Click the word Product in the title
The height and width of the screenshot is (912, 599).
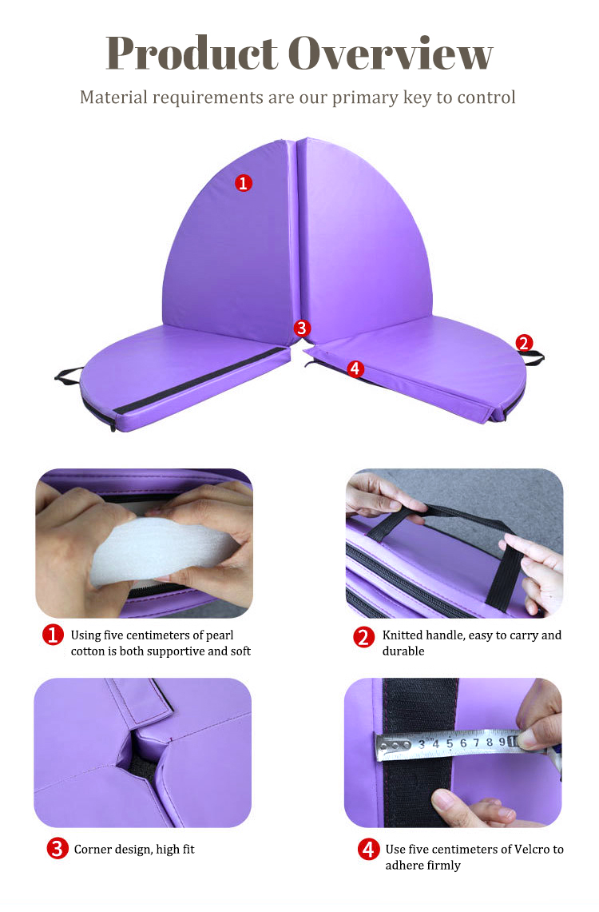coord(192,53)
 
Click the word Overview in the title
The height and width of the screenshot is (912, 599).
coord(391,53)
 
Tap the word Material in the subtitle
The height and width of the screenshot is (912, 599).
coord(114,97)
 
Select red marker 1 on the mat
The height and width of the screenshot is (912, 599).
coord(244,183)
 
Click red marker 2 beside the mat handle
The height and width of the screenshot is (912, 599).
coord(524,343)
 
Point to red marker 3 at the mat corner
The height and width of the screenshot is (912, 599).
coord(301,328)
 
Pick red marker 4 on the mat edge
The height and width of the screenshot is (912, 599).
coord(355,368)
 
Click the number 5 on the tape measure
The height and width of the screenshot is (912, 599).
coord(449,743)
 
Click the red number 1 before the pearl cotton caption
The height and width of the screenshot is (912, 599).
coord(53,635)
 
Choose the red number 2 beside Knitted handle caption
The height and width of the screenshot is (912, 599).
coord(364,637)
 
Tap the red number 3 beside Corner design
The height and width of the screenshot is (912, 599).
coord(57,849)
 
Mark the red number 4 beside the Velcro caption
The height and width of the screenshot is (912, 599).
coord(368,849)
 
